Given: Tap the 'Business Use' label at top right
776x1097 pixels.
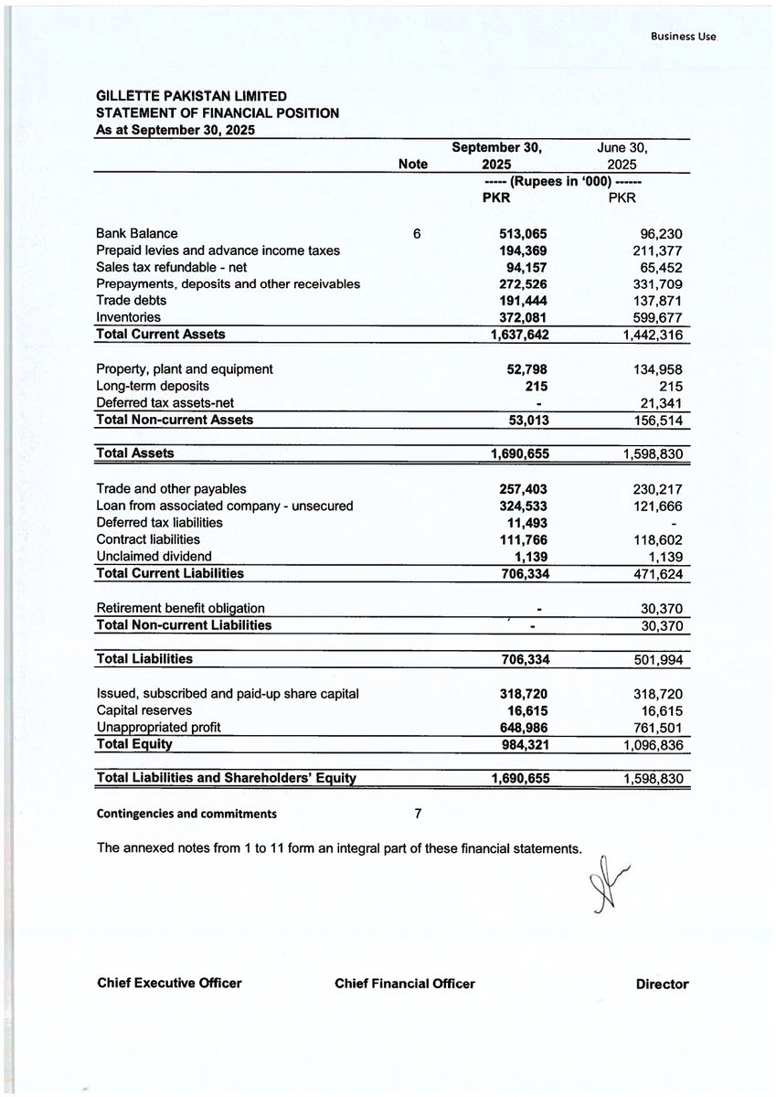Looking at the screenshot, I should coord(685,37).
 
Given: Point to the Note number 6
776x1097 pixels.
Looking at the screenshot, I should coord(417,234).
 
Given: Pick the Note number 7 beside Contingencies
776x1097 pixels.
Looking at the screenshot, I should coord(418,812).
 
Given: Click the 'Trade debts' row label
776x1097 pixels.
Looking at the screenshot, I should coord(129,300).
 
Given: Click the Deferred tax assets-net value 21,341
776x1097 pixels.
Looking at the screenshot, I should coord(660,403).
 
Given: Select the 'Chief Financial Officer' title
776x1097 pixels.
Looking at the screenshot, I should coord(405,984).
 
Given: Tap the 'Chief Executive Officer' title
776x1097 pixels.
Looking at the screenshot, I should coord(169,984).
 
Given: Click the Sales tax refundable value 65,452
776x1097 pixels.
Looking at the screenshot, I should coord(660,267).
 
